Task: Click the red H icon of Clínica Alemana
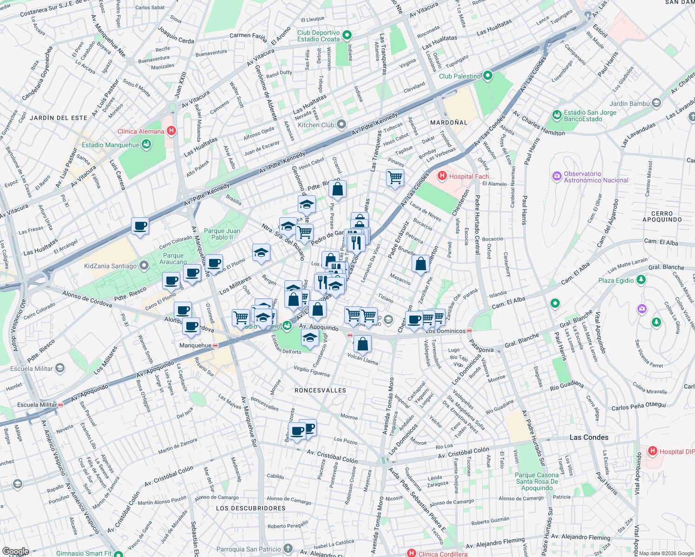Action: pos(171,131)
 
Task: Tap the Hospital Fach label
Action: pos(469,176)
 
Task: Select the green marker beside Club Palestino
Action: pos(487,76)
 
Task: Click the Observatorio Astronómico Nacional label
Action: pos(596,177)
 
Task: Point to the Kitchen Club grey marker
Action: pos(341,124)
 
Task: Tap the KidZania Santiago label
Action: pos(110,266)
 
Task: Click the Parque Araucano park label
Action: pos(173,259)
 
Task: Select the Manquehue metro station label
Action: pos(195,345)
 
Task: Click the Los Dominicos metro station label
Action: pos(445,331)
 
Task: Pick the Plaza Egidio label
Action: pos(616,280)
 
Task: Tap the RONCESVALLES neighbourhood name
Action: pos(321,390)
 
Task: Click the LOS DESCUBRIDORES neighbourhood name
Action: pos(250,508)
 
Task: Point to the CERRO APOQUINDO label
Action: pos(662,217)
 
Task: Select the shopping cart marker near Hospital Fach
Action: pos(395,177)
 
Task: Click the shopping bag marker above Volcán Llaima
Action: pos(362,344)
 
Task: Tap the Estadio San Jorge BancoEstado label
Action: pos(590,116)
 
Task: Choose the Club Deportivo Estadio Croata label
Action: pos(319,36)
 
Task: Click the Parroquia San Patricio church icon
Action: pos(288,549)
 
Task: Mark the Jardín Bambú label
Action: pos(629,104)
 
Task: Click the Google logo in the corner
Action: pos(15,551)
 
